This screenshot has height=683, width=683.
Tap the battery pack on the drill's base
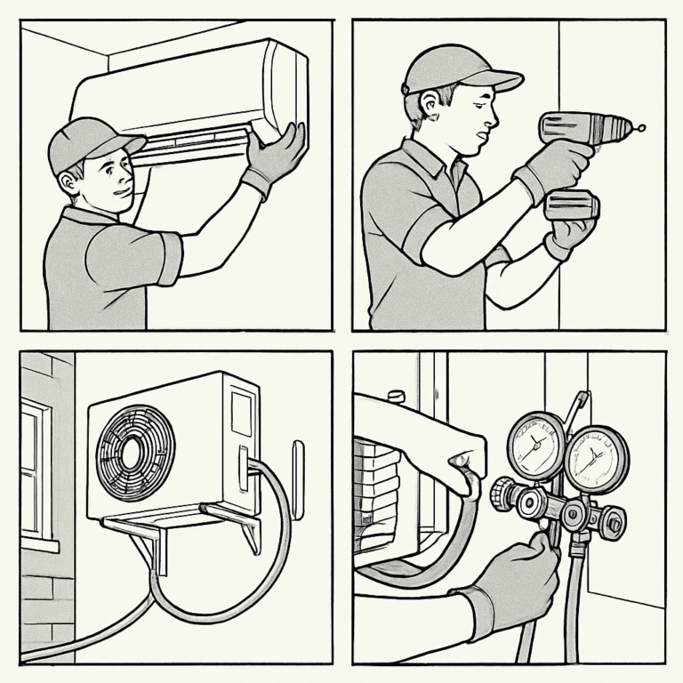pos(571,205)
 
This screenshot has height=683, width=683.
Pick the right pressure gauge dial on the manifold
pos(596,458)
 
